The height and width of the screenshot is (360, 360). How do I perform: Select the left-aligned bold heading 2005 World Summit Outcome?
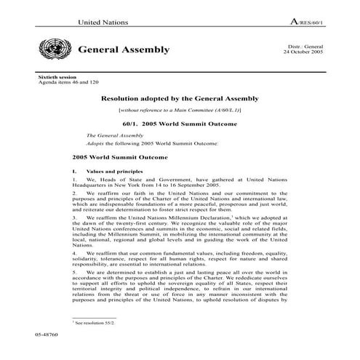(120, 156)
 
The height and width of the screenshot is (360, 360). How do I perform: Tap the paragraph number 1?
(74, 179)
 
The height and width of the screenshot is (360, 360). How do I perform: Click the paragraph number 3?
(74, 217)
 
